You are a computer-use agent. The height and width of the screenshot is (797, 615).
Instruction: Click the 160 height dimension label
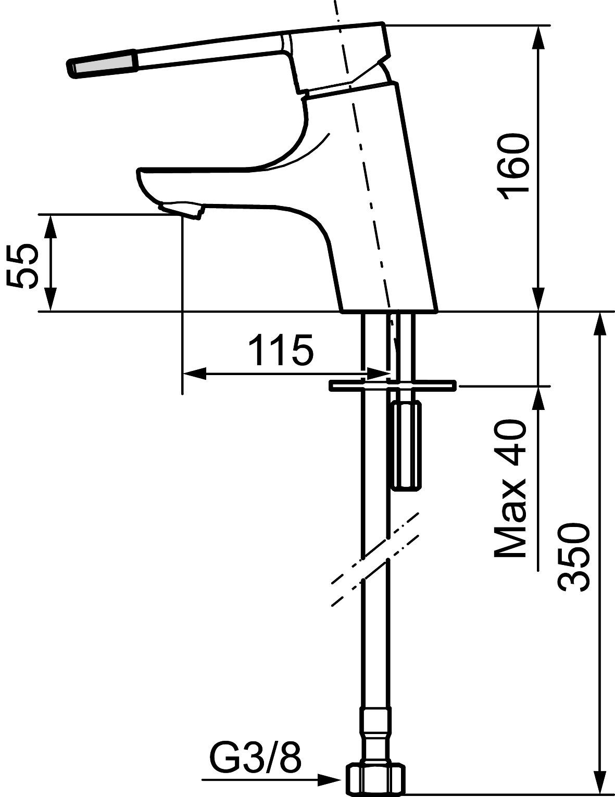tap(514, 167)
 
